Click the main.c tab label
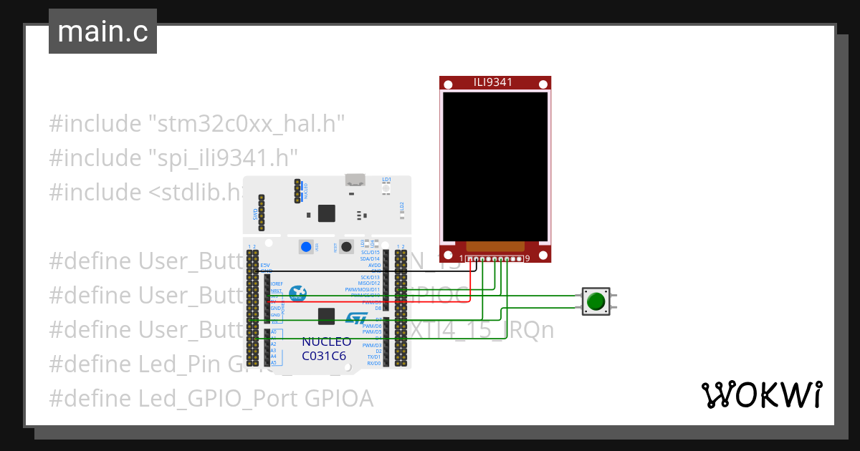coord(102,32)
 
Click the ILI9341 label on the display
coord(492,82)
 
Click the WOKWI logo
coord(760,394)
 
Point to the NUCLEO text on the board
coord(326,342)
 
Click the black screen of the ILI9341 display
coord(494,166)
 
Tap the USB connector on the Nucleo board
coord(354,182)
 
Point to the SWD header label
coord(256,213)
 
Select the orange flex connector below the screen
coord(494,247)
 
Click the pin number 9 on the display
coord(527,258)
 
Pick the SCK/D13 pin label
coord(371,277)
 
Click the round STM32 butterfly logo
coord(297,294)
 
